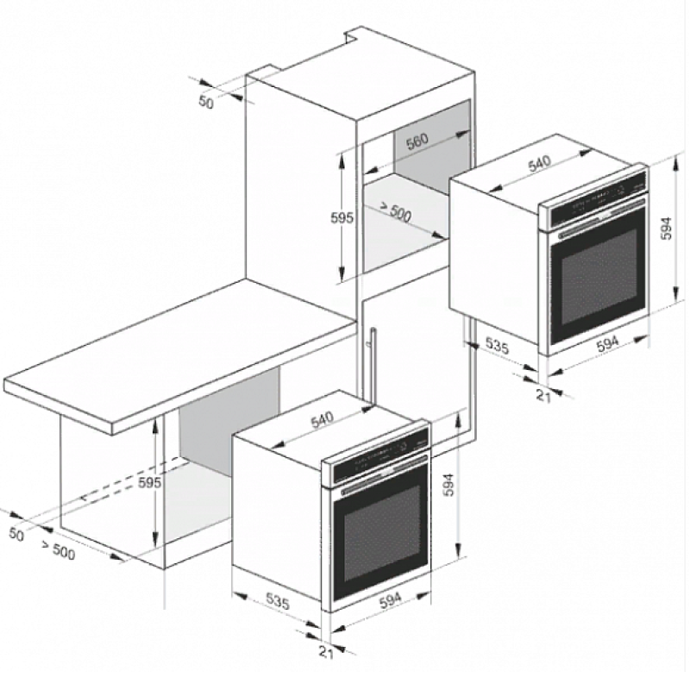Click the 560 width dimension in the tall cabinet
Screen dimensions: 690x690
pyautogui.click(x=417, y=141)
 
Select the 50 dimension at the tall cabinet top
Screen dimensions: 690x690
pyautogui.click(x=205, y=102)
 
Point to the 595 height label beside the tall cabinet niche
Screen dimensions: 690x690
pyautogui.click(x=342, y=218)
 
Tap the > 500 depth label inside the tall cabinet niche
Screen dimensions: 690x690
pyautogui.click(x=395, y=212)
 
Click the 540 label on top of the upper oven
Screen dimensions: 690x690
pyautogui.click(x=540, y=164)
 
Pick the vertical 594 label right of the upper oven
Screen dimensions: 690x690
pyautogui.click(x=667, y=228)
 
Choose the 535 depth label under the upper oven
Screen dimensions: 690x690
pyautogui.click(x=498, y=346)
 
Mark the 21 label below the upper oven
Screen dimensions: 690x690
pyautogui.click(x=544, y=396)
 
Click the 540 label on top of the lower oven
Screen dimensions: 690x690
pyautogui.click(x=322, y=420)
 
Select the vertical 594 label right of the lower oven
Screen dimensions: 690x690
pyautogui.click(x=448, y=485)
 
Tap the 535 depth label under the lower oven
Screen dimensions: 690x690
pyautogui.click(x=278, y=600)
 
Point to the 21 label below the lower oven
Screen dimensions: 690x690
pyautogui.click(x=326, y=653)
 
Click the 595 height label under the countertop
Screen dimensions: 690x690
pyautogui.click(x=149, y=483)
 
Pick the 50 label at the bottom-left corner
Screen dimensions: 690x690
pyautogui.click(x=16, y=534)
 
